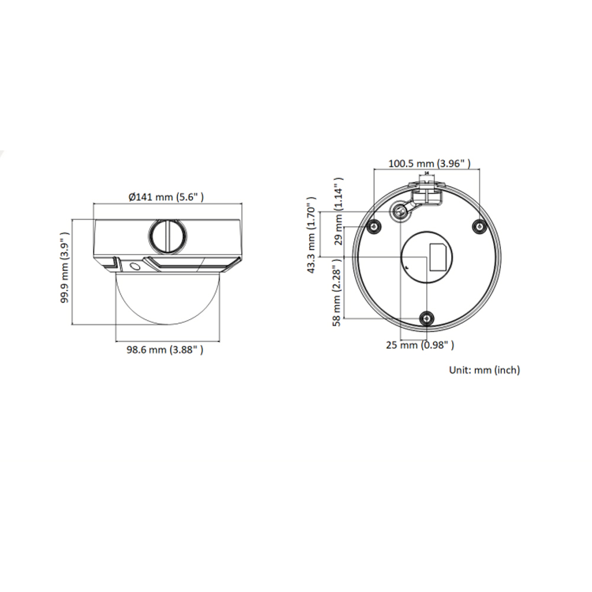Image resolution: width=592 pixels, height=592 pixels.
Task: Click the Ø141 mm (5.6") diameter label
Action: click(167, 197)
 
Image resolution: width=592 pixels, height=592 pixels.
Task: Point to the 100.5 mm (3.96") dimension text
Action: click(429, 163)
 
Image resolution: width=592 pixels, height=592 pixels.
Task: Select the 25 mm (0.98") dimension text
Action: click(420, 345)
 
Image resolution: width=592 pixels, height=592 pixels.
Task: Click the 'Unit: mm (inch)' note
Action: click(484, 370)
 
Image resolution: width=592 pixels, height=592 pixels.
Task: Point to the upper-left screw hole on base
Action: click(372, 226)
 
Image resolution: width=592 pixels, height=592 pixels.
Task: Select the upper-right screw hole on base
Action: click(480, 226)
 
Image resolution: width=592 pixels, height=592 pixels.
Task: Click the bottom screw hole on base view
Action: click(427, 318)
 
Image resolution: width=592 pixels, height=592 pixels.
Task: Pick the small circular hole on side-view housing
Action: click(135, 266)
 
